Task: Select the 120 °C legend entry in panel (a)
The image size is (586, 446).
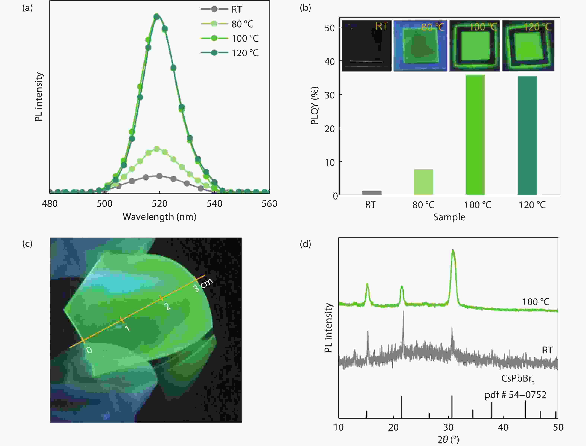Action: click(x=245, y=53)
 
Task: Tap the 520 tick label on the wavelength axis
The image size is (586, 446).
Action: click(x=159, y=204)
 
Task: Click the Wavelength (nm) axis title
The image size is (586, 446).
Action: click(x=159, y=217)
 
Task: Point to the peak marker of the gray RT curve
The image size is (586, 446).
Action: click(x=159, y=176)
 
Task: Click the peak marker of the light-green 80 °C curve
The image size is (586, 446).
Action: click(x=157, y=149)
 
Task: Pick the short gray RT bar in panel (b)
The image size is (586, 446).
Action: click(x=372, y=193)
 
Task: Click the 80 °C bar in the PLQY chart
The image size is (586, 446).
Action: click(x=423, y=182)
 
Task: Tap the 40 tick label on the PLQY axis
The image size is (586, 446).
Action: click(x=329, y=62)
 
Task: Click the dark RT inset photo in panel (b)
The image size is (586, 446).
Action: click(x=366, y=46)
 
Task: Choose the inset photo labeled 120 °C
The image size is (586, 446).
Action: click(x=528, y=46)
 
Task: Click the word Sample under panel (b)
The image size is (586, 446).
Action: click(x=449, y=217)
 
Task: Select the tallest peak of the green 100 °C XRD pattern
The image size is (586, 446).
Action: click(x=453, y=251)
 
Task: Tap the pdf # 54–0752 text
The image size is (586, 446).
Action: click(x=515, y=395)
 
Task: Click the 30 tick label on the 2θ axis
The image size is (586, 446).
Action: click(x=448, y=427)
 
